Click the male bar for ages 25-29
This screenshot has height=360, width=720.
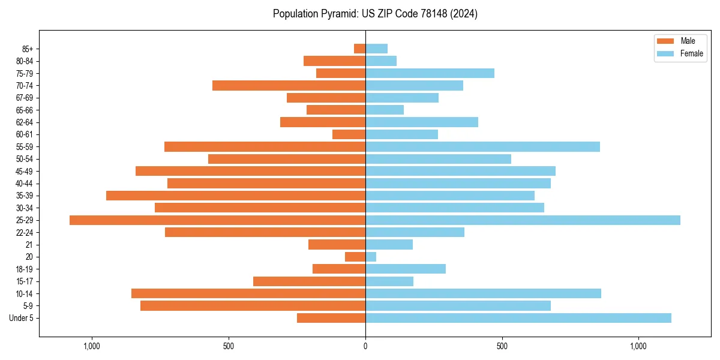coord(217,220)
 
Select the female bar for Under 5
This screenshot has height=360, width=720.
coord(518,318)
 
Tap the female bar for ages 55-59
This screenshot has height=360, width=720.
coord(482,147)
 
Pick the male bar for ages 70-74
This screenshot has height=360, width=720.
coord(289,86)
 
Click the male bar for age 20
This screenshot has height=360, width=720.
coord(355,257)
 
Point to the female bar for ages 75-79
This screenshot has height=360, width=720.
coord(430,73)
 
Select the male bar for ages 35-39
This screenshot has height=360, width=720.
coord(236,196)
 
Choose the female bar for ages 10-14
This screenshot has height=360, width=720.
coord(483,293)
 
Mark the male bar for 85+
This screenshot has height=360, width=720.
coord(359,49)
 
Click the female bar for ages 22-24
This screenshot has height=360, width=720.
coord(415,232)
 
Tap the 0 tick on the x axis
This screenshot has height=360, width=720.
coord(365,346)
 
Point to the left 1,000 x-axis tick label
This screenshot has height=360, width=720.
coord(92,346)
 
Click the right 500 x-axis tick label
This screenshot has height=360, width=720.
coord(502,346)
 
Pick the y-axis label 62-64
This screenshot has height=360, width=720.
coord(25,122)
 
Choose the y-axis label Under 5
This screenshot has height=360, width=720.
coord(21,318)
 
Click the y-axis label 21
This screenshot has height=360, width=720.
coord(29,245)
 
